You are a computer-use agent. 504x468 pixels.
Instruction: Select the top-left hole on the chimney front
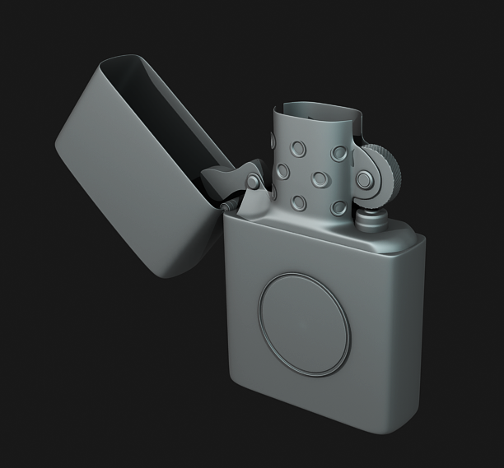[x=295, y=149]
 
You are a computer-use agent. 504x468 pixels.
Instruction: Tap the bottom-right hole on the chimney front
[x=337, y=206]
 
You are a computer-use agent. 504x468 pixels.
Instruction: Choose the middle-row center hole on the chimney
[x=315, y=178]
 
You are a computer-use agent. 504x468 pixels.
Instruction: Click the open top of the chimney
[x=317, y=111]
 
